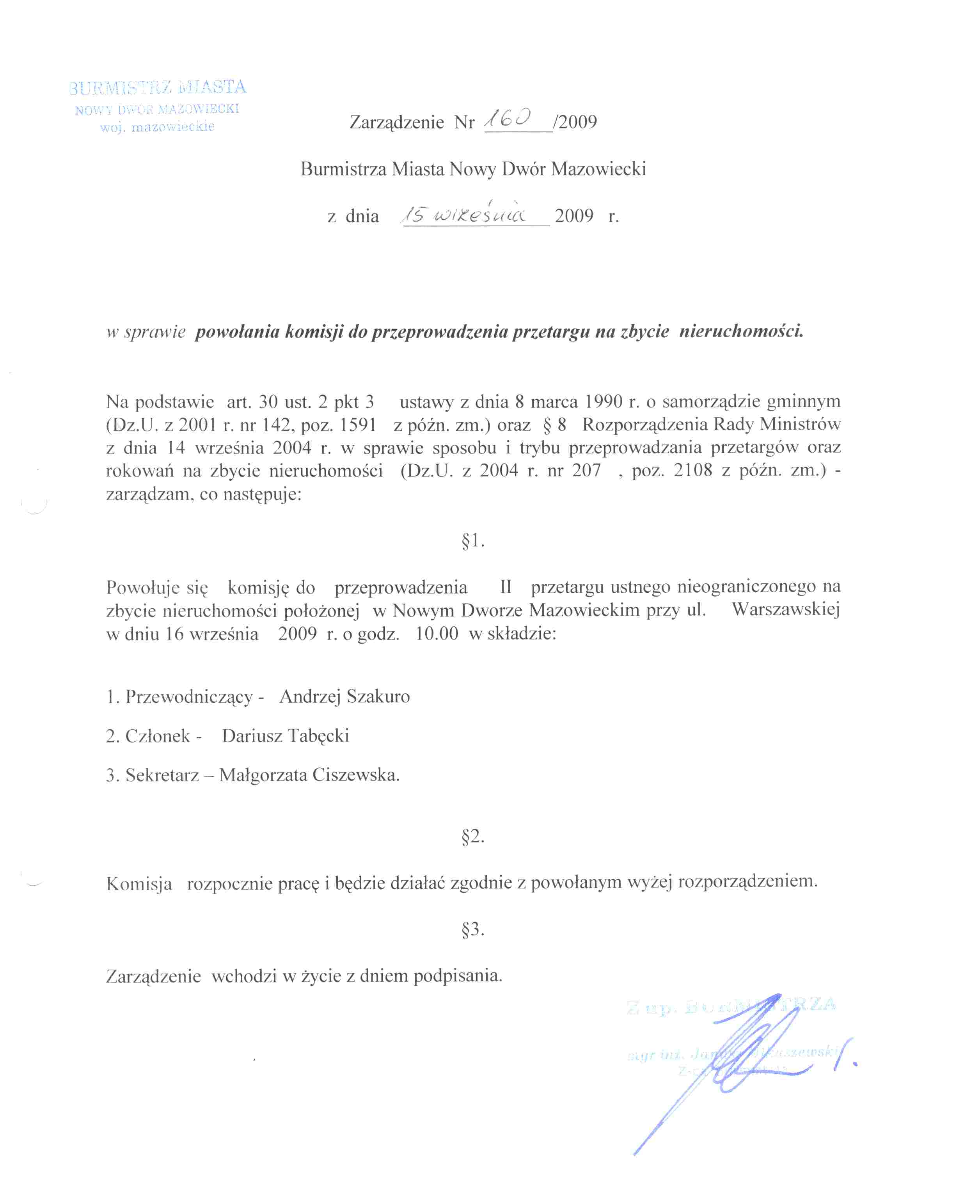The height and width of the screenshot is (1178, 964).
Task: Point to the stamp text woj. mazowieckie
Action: click(157, 127)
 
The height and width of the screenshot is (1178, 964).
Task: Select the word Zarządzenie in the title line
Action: click(396, 122)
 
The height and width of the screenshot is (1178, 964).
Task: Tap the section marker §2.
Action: click(472, 837)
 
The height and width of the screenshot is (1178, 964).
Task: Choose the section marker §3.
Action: click(472, 929)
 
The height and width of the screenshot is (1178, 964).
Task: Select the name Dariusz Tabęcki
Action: click(286, 736)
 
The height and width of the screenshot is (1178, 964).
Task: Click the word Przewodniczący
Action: click(189, 697)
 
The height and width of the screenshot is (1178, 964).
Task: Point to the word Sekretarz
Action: click(162, 775)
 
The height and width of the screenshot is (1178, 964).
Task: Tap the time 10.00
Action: click(437, 634)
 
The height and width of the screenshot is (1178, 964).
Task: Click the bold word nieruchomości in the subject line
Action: click(741, 332)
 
